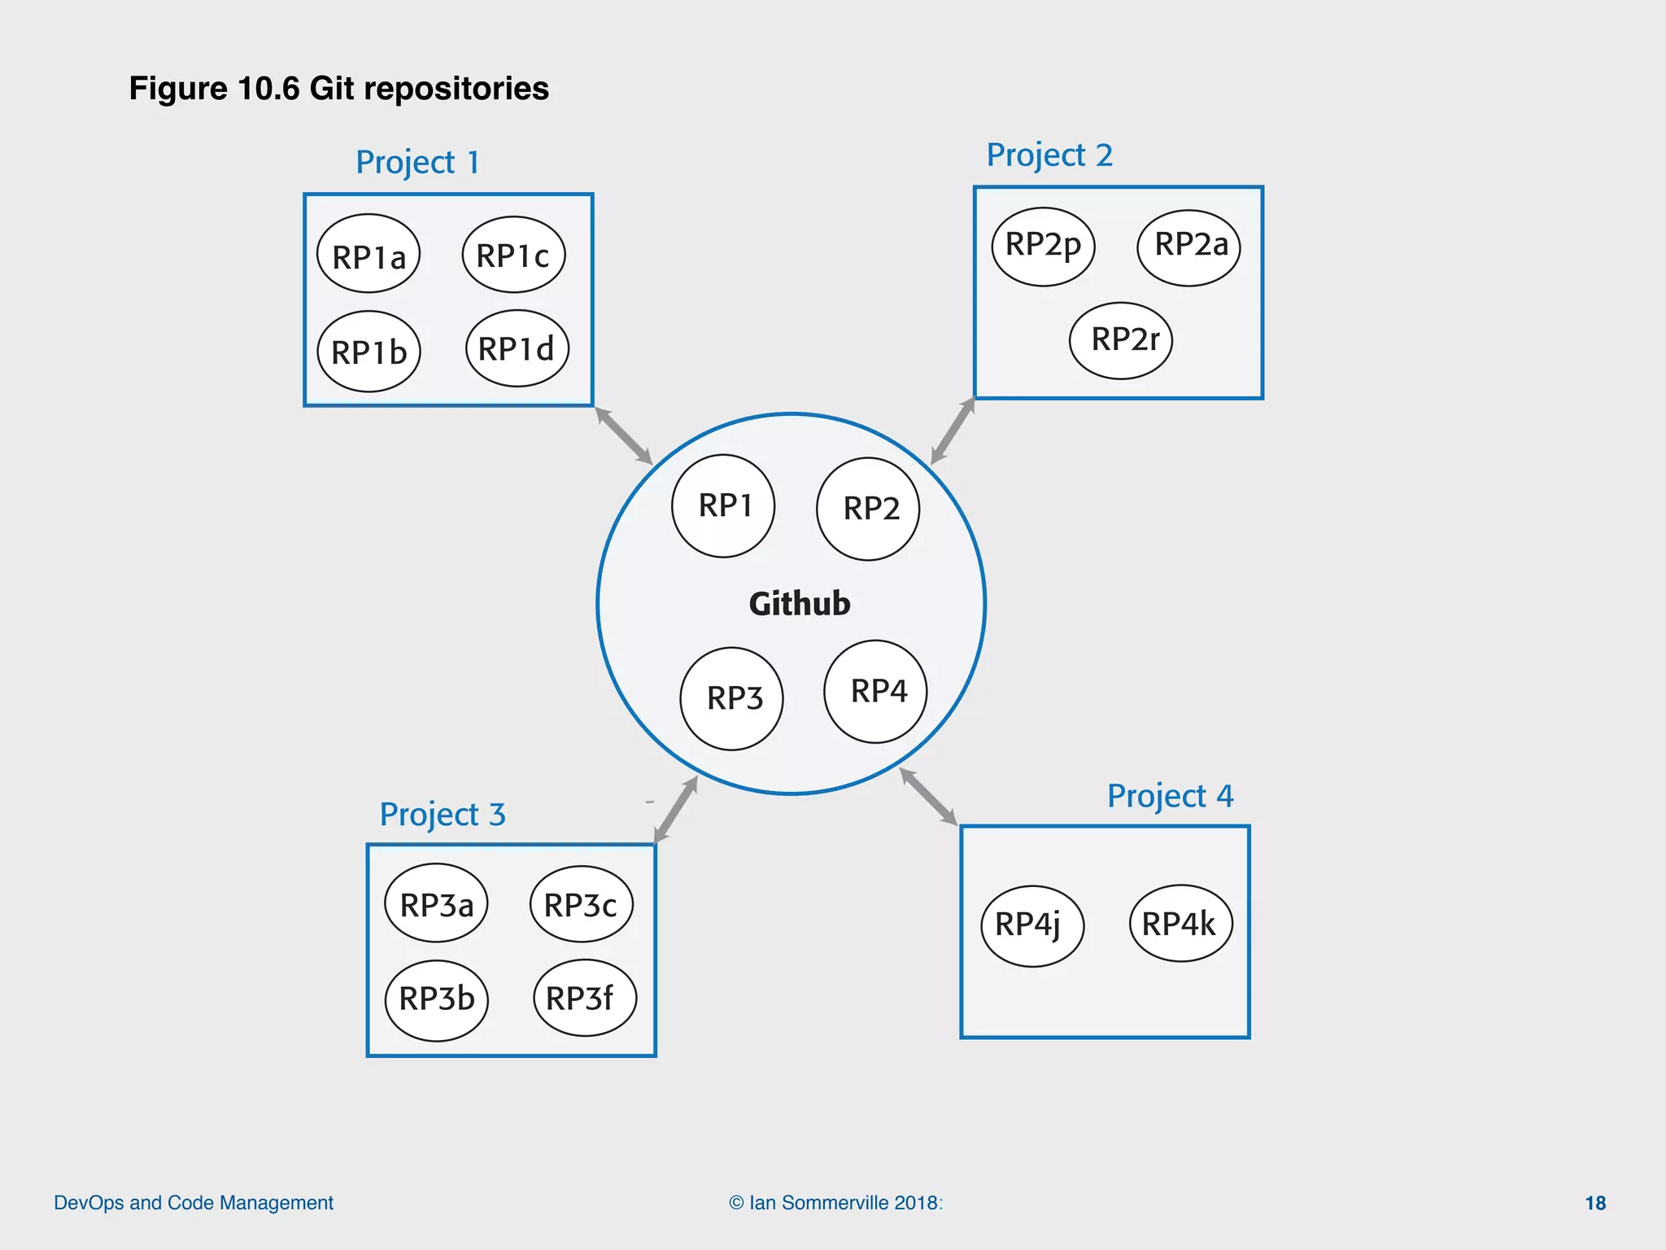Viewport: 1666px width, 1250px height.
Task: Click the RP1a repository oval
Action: tap(369, 255)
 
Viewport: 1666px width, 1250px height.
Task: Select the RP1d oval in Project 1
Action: tap(517, 348)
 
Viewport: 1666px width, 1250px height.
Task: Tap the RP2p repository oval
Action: tap(1043, 247)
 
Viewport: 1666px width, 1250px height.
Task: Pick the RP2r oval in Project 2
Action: tap(1121, 340)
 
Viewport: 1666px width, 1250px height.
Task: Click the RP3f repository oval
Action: tap(584, 998)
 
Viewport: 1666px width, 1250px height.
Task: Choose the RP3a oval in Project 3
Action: tap(436, 903)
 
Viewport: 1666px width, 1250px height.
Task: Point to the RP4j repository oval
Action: tap(1032, 926)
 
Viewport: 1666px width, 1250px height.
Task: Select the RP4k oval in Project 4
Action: tap(1180, 924)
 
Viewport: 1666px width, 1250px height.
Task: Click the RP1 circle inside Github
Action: tap(723, 506)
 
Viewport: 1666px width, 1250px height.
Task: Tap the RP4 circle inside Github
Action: tap(875, 692)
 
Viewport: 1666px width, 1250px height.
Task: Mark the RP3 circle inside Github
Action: tap(731, 699)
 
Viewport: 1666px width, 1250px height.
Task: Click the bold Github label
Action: tap(800, 604)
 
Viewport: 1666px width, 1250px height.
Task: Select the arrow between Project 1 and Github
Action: tap(624, 435)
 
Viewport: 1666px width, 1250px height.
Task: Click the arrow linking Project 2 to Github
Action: tap(953, 431)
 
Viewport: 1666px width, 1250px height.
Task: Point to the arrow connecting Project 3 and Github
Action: tap(676, 809)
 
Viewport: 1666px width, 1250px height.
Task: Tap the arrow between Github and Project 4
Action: tap(928, 797)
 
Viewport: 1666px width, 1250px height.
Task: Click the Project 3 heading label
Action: tap(443, 814)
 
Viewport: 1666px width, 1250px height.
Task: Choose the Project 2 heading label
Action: tap(1049, 155)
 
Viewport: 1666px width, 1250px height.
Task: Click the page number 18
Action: tap(1595, 1203)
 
